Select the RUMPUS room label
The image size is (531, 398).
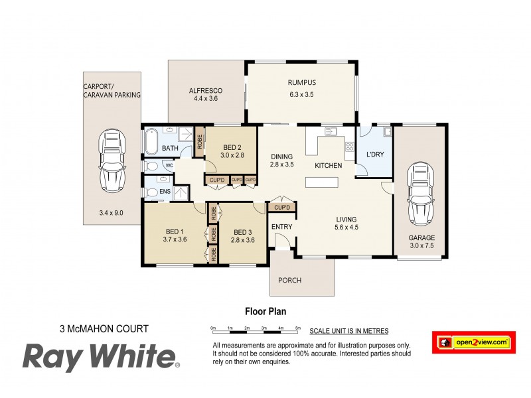[301, 83]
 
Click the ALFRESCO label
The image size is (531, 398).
[205, 90]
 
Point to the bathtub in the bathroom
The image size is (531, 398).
[151, 140]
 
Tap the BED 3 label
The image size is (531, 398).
[241, 232]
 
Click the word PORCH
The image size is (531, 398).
[289, 280]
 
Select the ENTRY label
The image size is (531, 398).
[281, 227]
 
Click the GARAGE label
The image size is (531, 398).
[421, 237]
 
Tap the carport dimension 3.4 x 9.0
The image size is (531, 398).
[111, 213]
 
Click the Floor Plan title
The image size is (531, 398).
[265, 310]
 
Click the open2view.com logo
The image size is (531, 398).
[474, 342]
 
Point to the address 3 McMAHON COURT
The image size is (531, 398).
[104, 328]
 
